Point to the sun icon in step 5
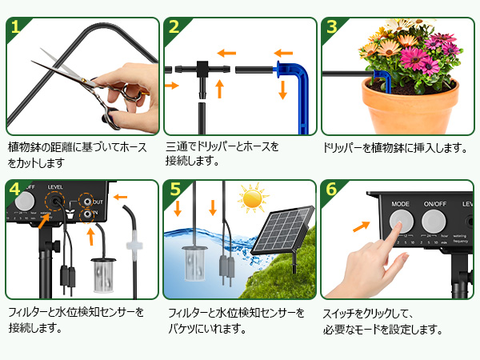pos(254,198)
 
